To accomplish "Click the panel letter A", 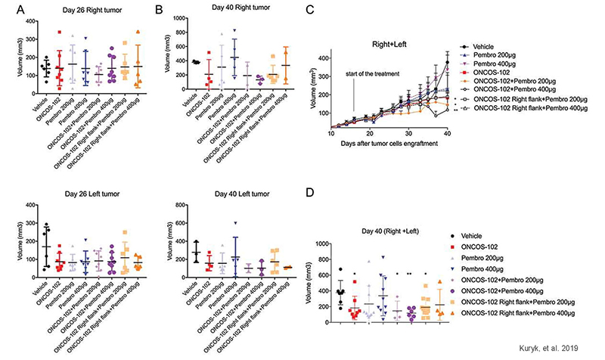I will [11, 10].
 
